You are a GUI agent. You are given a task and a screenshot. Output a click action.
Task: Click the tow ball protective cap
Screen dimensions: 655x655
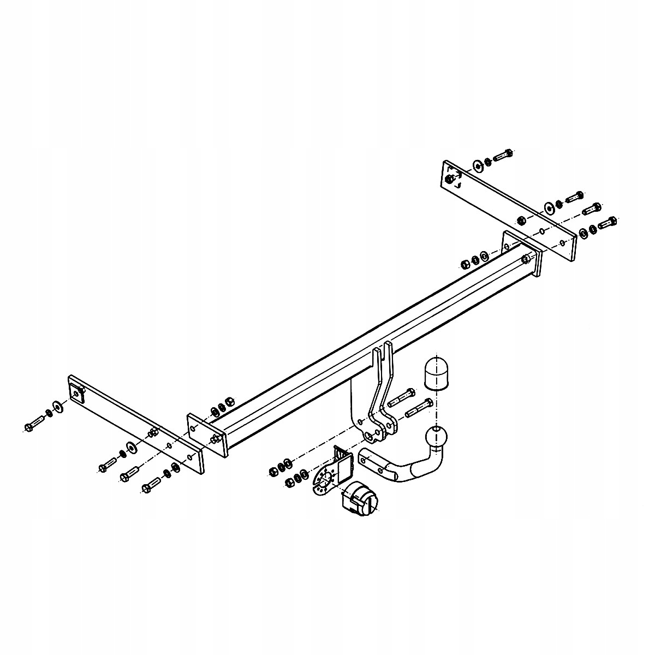[x=435, y=374]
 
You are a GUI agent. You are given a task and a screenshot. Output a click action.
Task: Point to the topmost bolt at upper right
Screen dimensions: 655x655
[x=503, y=156]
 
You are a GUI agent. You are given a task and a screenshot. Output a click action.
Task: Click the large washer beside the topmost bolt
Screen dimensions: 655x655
[x=478, y=165]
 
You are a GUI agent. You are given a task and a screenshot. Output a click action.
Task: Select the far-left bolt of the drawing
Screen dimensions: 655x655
[x=34, y=424]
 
